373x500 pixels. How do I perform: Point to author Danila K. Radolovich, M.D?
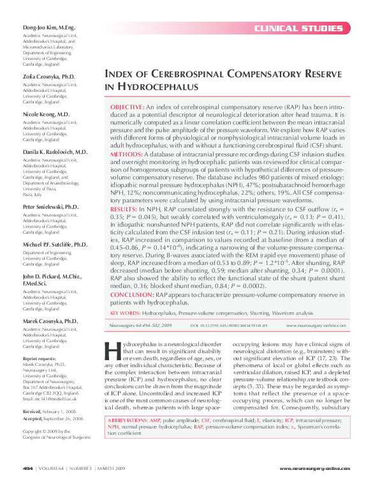coord(54,151)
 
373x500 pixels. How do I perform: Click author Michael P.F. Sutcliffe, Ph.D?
coord(54,245)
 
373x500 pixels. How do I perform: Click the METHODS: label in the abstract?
coord(126,155)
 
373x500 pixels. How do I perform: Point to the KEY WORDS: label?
coord(125,314)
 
